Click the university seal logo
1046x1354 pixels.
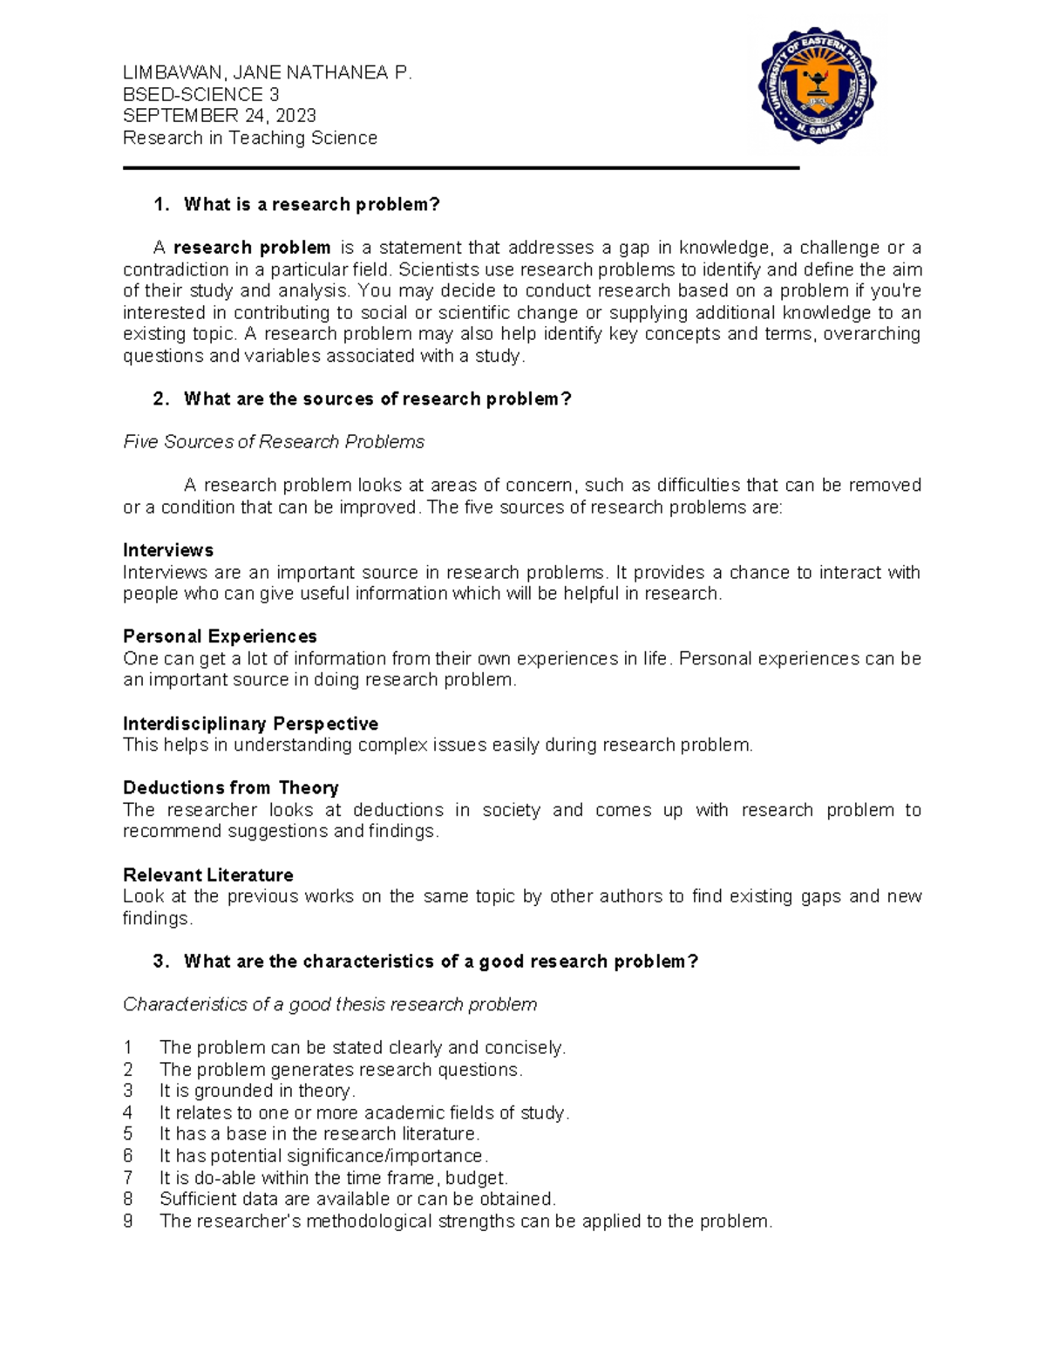[x=817, y=85]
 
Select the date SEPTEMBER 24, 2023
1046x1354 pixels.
[x=219, y=116]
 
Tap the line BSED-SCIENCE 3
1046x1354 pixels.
[x=200, y=94]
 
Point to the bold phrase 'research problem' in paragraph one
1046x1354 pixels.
[x=252, y=248]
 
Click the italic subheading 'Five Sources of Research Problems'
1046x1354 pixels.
[x=274, y=442]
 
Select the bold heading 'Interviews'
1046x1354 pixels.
[x=168, y=550]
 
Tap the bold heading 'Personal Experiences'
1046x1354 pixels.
[x=220, y=636]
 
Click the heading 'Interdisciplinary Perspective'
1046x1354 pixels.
[x=250, y=724]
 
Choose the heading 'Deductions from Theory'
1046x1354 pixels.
[x=230, y=788]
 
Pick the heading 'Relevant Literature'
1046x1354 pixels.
[x=207, y=874]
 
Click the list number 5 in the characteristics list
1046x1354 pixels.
[x=128, y=1134]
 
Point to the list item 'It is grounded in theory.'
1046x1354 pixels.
[x=257, y=1091]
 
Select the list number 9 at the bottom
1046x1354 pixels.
[x=128, y=1221]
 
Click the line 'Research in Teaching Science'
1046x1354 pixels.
[x=249, y=138]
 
